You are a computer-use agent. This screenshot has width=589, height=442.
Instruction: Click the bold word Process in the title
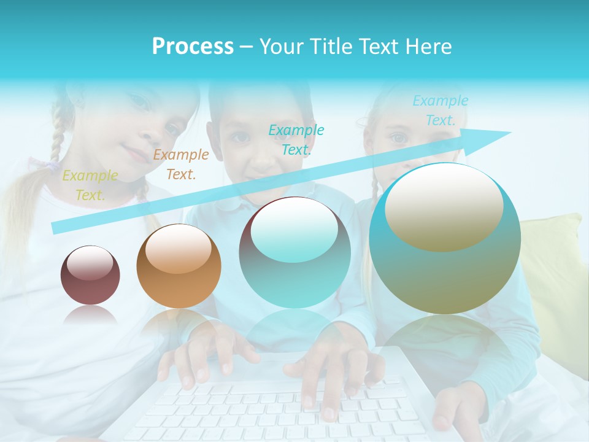click(193, 47)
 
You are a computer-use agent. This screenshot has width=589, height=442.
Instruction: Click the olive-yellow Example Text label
click(90, 185)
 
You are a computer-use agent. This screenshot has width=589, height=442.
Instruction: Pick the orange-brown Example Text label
click(181, 165)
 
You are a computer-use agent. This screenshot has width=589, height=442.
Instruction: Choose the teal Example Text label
click(296, 139)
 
